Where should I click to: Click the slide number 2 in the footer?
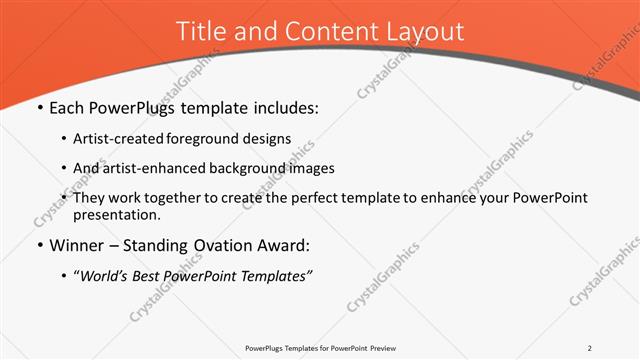pos(590,348)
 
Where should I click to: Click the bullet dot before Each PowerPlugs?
pos(40,108)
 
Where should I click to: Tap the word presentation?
pos(115,215)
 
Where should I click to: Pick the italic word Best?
pos(153,276)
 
